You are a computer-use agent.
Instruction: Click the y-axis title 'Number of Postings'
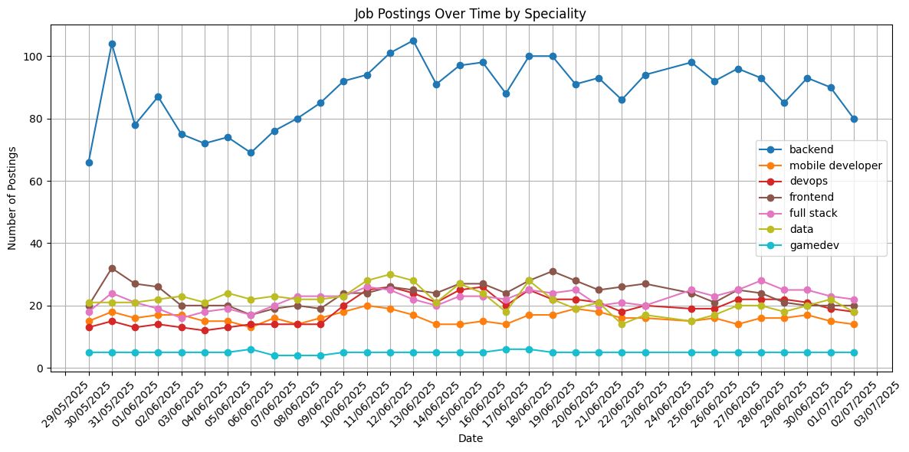click(x=13, y=197)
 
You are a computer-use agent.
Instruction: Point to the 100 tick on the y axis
click(x=36, y=57)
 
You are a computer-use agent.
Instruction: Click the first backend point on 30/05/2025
click(x=89, y=162)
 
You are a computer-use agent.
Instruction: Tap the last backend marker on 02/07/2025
click(x=854, y=119)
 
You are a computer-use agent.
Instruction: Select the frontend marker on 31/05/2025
click(x=112, y=268)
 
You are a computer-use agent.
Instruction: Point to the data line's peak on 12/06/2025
click(x=390, y=274)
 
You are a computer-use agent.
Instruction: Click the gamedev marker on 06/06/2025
click(x=251, y=349)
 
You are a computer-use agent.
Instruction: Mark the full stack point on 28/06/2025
click(x=761, y=280)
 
